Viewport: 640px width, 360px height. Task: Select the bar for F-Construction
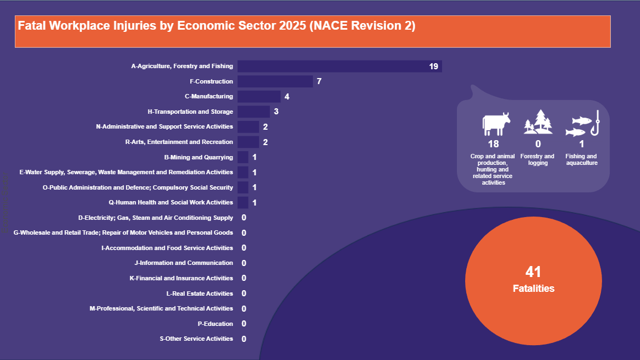point(275,81)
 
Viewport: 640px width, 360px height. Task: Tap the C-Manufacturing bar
point(259,96)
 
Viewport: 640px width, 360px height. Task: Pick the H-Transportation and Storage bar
point(253,112)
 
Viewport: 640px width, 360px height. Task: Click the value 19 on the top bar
point(433,67)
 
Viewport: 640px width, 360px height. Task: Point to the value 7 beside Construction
point(319,81)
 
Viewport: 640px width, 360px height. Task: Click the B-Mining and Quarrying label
point(198,157)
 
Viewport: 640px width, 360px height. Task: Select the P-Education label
point(215,324)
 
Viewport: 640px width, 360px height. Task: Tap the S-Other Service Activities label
point(196,339)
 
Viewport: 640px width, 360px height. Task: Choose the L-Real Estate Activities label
point(200,293)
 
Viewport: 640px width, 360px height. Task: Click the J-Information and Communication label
point(184,263)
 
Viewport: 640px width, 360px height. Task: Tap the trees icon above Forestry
point(538,122)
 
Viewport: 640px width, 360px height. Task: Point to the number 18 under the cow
point(493,144)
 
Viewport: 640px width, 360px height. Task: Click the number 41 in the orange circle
point(533,272)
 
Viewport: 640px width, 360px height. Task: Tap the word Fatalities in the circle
point(533,289)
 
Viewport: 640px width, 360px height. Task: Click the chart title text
point(217,26)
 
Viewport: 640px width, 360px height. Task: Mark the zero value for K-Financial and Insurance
point(244,278)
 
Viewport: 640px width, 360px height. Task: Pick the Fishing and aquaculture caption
point(581,159)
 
